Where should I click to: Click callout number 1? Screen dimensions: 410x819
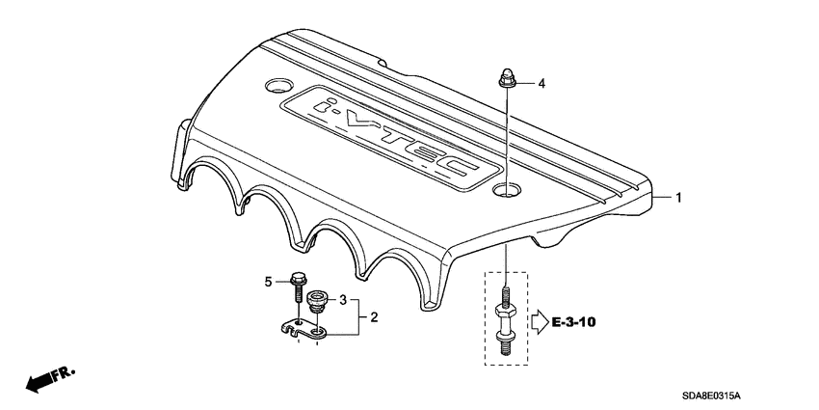(x=678, y=198)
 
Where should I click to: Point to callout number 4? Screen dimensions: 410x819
(x=541, y=84)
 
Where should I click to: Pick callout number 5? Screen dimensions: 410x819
(x=270, y=282)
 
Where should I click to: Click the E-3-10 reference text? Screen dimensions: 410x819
(x=575, y=319)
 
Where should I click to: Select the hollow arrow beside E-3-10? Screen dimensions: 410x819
(x=542, y=319)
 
